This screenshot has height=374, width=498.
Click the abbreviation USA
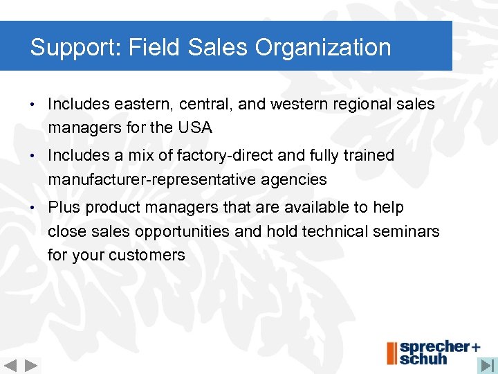pos(194,128)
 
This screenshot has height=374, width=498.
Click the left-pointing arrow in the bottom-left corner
pos(10,365)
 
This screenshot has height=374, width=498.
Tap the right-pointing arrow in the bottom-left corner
pos(32,365)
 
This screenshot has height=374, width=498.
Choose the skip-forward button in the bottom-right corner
pos(488,364)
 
